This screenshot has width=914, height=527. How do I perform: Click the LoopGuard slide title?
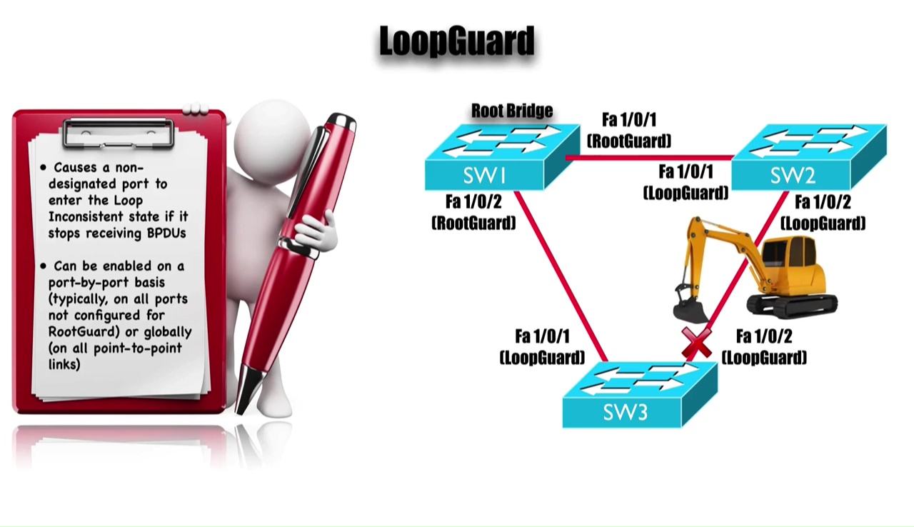(457, 41)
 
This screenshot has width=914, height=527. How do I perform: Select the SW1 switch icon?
(500, 159)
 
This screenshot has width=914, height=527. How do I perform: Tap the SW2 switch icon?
(808, 159)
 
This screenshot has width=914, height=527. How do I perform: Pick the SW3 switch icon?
(638, 396)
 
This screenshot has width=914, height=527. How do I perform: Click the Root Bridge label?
(512, 111)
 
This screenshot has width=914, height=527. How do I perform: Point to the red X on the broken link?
(696, 343)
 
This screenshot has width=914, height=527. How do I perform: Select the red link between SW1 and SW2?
(650, 158)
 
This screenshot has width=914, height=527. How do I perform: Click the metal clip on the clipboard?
(119, 133)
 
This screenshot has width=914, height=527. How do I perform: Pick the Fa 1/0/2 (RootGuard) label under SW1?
(473, 212)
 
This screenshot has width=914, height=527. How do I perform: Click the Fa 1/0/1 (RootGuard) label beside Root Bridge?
(629, 130)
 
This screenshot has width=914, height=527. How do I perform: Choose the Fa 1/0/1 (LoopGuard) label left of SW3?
(542, 346)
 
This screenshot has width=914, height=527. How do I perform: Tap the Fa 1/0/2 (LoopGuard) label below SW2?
(823, 213)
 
